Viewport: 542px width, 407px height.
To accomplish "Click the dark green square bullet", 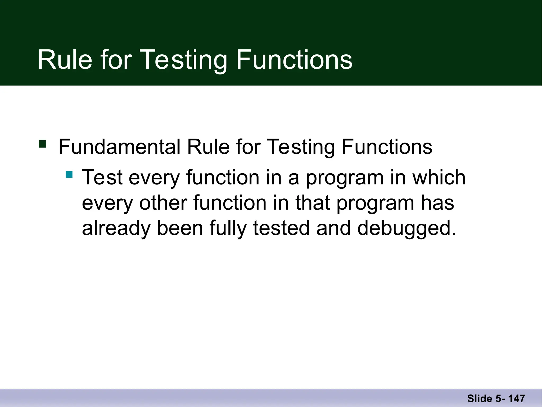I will coord(42,144).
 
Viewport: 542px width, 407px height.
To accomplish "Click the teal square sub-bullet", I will coord(69,175).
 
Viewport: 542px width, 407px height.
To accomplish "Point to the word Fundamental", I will coord(119,147).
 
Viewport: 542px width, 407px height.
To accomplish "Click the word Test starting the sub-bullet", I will coord(102,177).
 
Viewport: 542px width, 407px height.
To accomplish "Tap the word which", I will coord(439,177).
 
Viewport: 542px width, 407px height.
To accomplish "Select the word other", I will coord(163,203).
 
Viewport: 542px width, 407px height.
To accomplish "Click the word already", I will coord(116,228).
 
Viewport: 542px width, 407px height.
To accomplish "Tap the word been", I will coord(180,228).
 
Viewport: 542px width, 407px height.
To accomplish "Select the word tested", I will coord(281,228).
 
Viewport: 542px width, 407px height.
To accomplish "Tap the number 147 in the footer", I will coord(516,399).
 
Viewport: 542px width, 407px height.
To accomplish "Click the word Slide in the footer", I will coord(479,399).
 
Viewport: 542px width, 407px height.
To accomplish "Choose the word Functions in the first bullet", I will coord(387,147).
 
